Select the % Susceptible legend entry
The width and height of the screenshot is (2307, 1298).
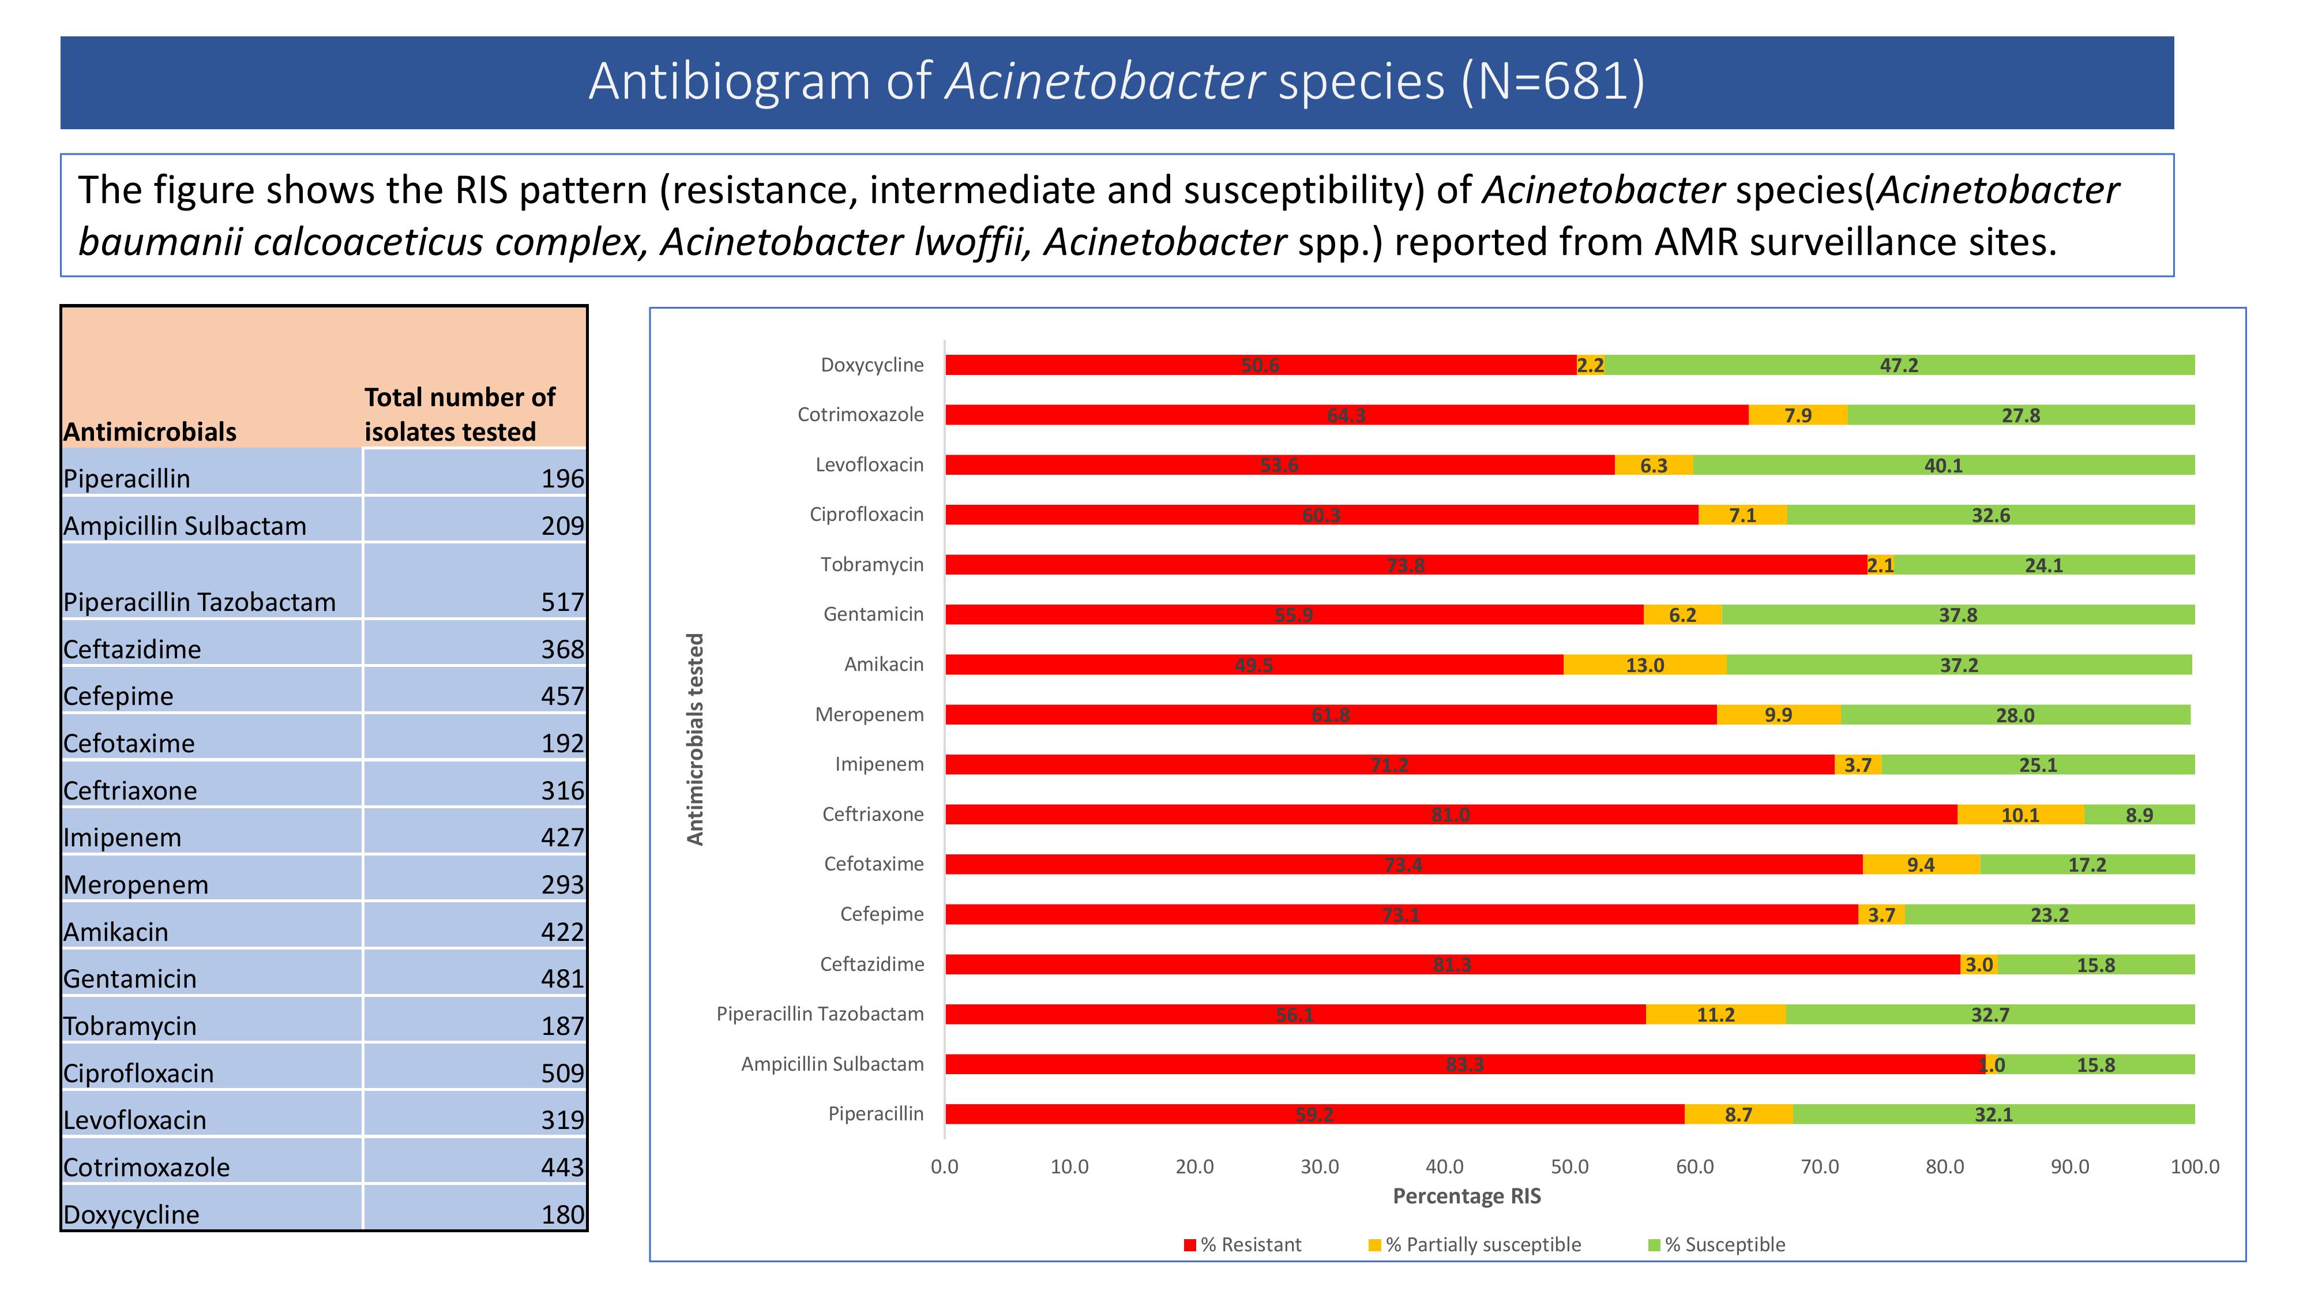coord(1717,1245)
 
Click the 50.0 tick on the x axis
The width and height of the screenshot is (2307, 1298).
coord(1569,1167)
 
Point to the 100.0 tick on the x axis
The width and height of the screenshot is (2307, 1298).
coord(2194,1167)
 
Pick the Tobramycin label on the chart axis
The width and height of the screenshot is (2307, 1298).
coord(871,564)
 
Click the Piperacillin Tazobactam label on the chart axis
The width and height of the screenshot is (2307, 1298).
coord(820,1014)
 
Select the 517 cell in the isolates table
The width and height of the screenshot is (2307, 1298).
coord(562,602)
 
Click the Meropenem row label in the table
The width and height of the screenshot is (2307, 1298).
coord(136,885)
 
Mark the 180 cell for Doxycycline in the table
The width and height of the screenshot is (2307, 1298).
coord(562,1215)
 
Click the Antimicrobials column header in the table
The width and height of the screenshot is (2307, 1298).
coord(149,432)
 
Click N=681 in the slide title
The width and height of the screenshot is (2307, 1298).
coord(1553,81)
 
